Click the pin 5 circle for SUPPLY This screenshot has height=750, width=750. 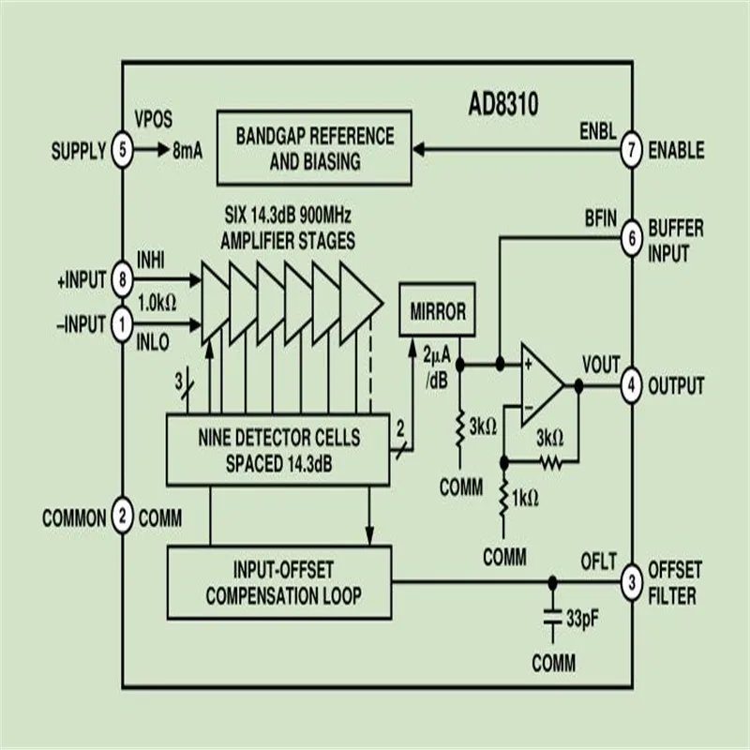coord(123,150)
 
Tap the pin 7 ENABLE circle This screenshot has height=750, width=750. coord(631,150)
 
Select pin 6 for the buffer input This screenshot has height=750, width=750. coord(631,238)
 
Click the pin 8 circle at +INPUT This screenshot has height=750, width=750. coord(123,278)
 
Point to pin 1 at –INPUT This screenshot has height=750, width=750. coord(123,324)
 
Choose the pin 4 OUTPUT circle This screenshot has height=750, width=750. coord(631,385)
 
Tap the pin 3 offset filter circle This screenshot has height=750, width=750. coord(631,582)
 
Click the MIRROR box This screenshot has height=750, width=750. coord(437,310)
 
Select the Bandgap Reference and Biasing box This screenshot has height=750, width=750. coord(314,148)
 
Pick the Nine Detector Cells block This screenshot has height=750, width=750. coord(277,450)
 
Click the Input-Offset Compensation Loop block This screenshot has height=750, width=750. coord(279,582)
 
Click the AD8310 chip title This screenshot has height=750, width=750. coord(503,104)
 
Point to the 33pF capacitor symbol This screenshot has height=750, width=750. coord(553,618)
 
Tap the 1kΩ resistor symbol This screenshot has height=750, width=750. coord(503,499)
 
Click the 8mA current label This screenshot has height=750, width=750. coord(187,151)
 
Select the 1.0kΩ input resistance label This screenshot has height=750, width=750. coord(157,302)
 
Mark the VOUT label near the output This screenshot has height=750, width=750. coord(601,365)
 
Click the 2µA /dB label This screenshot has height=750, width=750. coord(437,367)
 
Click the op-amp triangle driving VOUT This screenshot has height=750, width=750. coord(541,385)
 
